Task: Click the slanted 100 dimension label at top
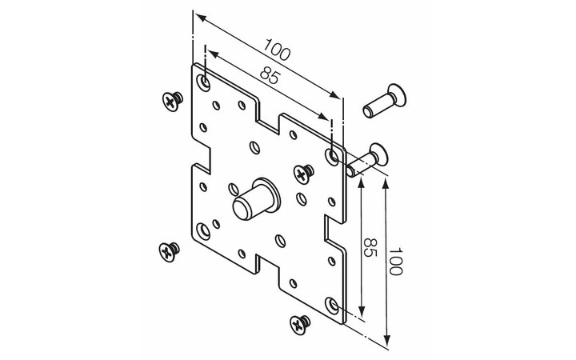[x=277, y=50]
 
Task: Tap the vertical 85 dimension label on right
[x=370, y=247]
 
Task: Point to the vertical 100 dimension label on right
[x=396, y=261]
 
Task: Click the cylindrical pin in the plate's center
[x=255, y=199]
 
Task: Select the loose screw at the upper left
[x=172, y=101]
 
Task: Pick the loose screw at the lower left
[x=169, y=252]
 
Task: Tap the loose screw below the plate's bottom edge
[x=300, y=324]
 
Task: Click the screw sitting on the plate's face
[x=303, y=174]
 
